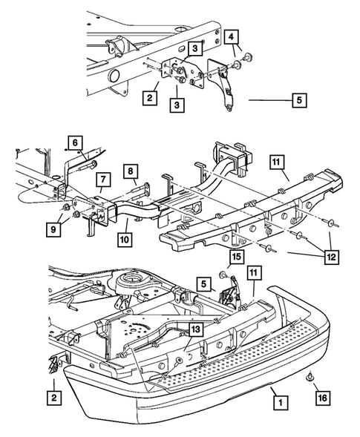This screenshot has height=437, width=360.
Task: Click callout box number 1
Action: coord(281,402)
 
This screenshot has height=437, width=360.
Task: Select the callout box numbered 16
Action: coord(323,398)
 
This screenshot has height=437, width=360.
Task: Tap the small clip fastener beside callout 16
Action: coord(310,376)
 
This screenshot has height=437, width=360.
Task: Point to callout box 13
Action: coord(196,329)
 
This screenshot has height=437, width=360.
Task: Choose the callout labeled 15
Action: coord(237,257)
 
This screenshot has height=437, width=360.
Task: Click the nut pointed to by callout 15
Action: coord(223,275)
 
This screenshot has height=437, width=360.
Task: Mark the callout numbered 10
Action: coord(125,240)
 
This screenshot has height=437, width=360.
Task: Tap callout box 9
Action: coord(53,230)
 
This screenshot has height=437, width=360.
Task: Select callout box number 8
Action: coord(131,171)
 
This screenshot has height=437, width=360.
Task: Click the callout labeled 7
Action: coord(103,180)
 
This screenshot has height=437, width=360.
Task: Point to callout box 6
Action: coord(75,143)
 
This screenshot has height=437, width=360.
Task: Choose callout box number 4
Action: coord(232,37)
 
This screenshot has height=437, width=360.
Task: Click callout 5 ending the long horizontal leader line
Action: coord(299,100)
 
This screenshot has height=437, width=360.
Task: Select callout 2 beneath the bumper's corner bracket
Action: coord(54,398)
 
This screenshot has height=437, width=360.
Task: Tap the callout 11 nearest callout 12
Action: coord(277,162)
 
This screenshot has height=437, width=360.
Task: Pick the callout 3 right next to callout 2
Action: coord(177,105)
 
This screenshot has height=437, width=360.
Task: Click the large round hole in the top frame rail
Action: coord(114,75)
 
